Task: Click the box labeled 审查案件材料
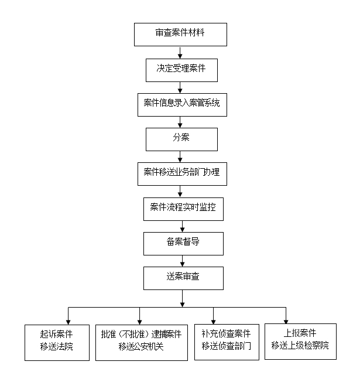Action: tap(180, 35)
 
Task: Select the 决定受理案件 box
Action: tap(181, 70)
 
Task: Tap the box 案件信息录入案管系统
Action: tap(182, 105)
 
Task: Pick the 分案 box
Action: tap(181, 139)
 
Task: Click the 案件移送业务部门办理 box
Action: tap(182, 174)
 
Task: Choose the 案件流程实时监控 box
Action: tap(183, 209)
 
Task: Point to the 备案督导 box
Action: tap(183, 244)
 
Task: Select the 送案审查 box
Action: tap(183, 278)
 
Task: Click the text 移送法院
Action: tap(56, 346)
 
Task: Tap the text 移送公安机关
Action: tap(141, 346)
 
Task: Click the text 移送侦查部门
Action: tap(226, 346)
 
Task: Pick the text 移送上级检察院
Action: tap(300, 345)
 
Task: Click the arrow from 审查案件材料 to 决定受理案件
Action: tap(180, 52)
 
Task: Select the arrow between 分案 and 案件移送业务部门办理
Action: tap(180, 156)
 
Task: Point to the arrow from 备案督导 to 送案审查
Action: tap(182, 261)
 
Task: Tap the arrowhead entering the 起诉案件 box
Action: tap(68, 322)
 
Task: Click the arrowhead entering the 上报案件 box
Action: tap(286, 322)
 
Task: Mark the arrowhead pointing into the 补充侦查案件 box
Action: tap(213, 322)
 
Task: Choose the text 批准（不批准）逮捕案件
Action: tap(141, 334)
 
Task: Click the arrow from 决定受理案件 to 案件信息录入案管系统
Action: tap(180, 87)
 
